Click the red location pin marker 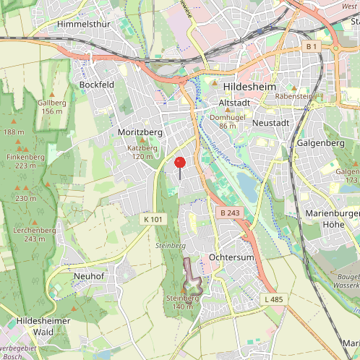[180, 163]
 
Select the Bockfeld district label [97, 85]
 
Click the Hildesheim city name [250, 86]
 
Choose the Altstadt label [233, 104]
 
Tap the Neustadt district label [271, 123]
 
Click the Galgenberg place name [320, 143]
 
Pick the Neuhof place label [90, 276]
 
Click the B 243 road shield [228, 213]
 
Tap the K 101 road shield [153, 218]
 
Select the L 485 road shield [274, 299]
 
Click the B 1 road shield [312, 47]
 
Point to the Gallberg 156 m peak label [52, 107]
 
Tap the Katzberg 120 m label [142, 152]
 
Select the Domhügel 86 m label [231, 121]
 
